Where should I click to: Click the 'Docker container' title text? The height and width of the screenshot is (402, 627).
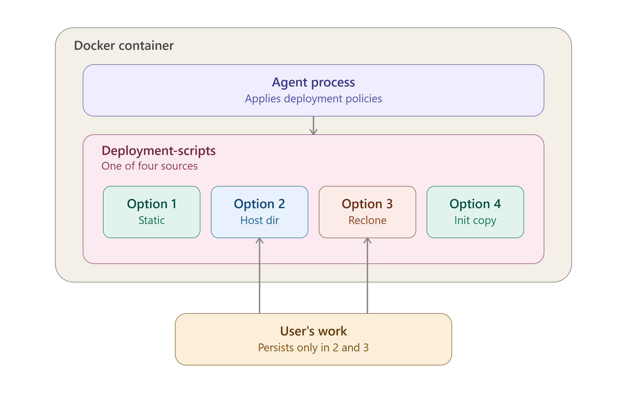click(124, 45)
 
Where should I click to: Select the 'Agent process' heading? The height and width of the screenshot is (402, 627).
click(313, 83)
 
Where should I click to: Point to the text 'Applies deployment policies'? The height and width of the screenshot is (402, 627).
click(313, 99)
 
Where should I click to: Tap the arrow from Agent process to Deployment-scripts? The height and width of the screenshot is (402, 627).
click(313, 125)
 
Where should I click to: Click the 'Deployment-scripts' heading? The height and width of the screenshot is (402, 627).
click(158, 151)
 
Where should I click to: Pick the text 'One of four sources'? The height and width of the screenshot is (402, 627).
click(149, 166)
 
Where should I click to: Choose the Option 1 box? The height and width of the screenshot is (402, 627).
click(152, 212)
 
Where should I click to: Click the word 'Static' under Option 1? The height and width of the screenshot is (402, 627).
click(152, 220)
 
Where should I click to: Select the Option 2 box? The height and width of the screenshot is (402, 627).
click(260, 212)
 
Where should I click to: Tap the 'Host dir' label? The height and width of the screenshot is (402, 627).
click(260, 220)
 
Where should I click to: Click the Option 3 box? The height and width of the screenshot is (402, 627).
click(367, 212)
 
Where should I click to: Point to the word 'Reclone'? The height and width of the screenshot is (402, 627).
click(367, 220)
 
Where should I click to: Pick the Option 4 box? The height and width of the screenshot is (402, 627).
click(475, 212)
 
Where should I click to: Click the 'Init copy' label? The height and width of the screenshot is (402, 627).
click(475, 221)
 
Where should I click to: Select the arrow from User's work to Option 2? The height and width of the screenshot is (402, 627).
click(260, 275)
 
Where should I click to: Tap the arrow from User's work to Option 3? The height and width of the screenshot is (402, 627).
click(367, 275)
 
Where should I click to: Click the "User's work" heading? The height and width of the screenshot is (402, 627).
click(313, 331)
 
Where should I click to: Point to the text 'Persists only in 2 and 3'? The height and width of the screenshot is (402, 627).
click(313, 347)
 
